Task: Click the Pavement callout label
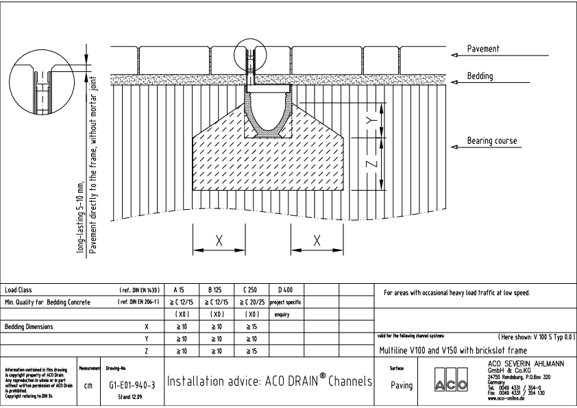(x=483, y=49)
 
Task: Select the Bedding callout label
(x=480, y=76)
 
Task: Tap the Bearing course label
(x=492, y=141)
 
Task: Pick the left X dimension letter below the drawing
(x=219, y=241)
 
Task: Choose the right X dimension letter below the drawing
(x=317, y=241)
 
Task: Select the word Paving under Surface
(x=401, y=385)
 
